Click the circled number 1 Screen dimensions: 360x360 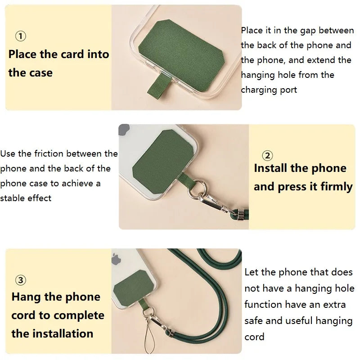pyautogui.click(x=21, y=36)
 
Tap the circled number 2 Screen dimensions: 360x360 pyautogui.click(x=267, y=156)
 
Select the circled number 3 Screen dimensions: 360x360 pyautogui.click(x=21, y=280)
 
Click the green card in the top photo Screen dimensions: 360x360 pyautogui.click(x=186, y=45)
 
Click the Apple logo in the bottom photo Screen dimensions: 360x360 pyautogui.click(x=117, y=260)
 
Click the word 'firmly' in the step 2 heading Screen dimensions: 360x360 pyautogui.click(x=337, y=187)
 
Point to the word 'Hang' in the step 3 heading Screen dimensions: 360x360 pyautogui.click(x=26, y=297)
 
